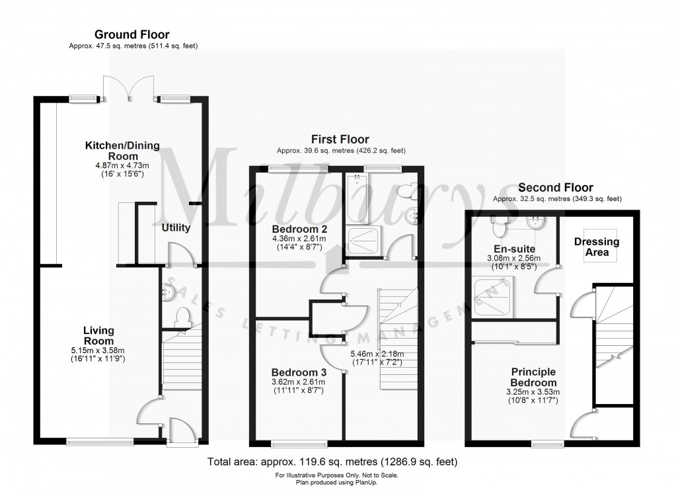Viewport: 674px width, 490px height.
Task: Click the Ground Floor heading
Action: [x=131, y=34]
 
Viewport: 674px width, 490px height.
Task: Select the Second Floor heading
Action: [x=556, y=188]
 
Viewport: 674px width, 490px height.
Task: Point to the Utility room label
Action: [x=176, y=228]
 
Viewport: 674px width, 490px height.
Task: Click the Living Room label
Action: [x=98, y=335]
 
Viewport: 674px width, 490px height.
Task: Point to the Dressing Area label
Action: [x=597, y=247]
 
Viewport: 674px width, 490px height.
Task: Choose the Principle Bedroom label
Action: [x=533, y=378]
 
